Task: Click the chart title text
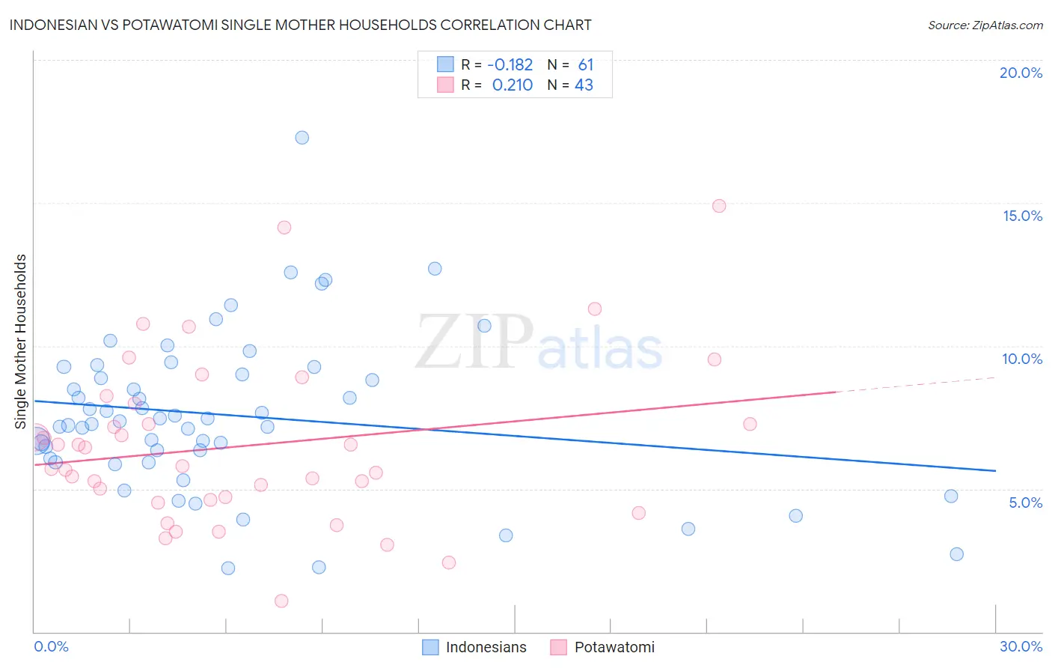300,25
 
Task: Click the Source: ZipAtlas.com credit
985,25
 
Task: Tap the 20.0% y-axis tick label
1021,73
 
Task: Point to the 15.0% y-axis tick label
1022,216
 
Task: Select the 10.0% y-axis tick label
1022,359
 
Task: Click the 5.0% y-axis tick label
1025,502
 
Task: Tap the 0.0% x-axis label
51,646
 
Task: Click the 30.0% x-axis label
1021,646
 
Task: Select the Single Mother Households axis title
21,341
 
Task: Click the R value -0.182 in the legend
510,65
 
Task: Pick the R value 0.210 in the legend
512,85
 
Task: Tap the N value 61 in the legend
585,65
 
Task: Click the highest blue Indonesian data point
302,138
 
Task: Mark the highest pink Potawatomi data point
719,206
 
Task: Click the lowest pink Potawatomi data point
281,601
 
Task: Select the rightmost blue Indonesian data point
956,554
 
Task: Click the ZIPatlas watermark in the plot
539,343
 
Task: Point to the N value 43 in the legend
584,85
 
